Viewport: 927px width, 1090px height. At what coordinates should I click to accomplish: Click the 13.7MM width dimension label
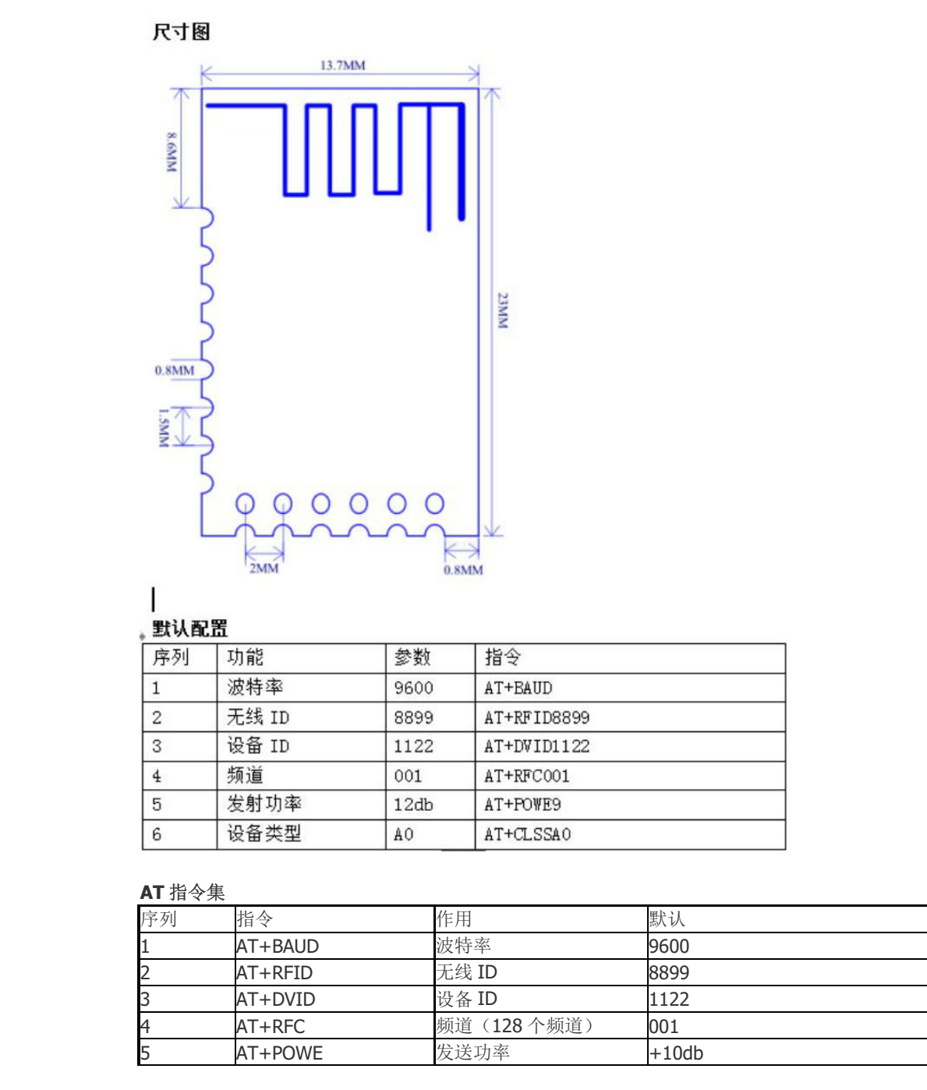(343, 65)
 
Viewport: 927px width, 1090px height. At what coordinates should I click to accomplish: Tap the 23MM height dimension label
(503, 310)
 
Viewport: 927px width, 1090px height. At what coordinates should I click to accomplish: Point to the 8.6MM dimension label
(172, 152)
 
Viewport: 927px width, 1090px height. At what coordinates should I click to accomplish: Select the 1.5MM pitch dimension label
(164, 428)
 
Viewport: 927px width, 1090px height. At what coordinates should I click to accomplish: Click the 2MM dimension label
(264, 568)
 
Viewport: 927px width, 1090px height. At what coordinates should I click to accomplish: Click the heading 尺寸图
(182, 32)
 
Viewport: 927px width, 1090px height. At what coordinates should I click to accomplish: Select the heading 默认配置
(189, 628)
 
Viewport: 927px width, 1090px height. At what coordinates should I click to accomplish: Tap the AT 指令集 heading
(182, 892)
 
